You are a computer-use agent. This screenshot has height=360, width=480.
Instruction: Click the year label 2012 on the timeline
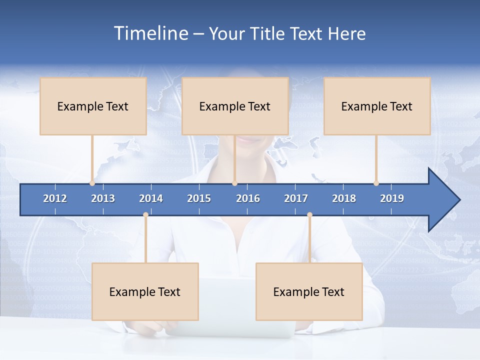55,198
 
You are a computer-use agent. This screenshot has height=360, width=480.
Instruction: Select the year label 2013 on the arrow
103,198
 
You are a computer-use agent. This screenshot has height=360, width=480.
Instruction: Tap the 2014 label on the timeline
151,198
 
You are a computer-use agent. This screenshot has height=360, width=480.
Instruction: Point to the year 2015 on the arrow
199,198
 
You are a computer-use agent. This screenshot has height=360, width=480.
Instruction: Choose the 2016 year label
248,198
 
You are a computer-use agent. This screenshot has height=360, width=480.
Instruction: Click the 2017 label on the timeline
296,198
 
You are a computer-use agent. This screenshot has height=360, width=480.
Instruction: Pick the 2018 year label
344,198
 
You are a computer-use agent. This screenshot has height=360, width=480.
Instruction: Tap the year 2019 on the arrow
392,198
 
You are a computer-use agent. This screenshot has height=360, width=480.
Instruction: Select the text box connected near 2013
93,106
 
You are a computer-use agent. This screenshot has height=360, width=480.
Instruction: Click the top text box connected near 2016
235,106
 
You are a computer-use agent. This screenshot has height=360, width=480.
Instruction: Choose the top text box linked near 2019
377,106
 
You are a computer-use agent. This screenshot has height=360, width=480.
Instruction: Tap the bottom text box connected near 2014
145,291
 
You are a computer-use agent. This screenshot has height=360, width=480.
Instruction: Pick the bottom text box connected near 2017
309,291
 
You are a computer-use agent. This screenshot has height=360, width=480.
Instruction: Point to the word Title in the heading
268,33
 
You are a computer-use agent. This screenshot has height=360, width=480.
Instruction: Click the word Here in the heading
346,33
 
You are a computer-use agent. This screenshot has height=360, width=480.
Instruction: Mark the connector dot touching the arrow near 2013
92,183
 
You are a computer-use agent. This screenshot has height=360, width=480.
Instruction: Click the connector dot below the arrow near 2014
145,215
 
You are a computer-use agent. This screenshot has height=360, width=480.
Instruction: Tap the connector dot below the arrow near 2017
309,215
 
